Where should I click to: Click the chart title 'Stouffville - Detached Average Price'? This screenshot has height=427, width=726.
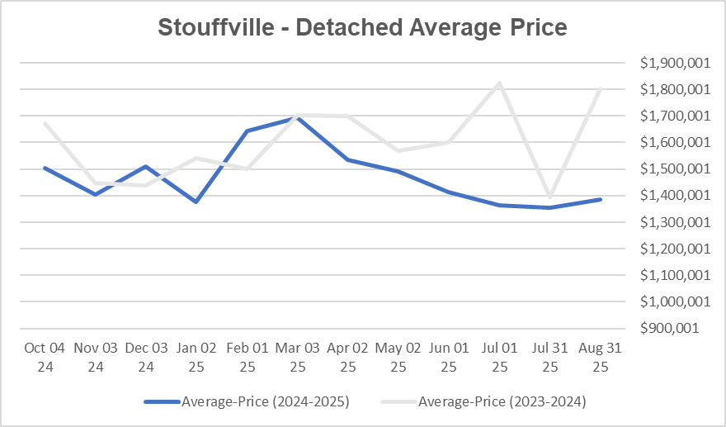coord(362,28)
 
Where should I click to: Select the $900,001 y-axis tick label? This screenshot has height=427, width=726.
coord(674,328)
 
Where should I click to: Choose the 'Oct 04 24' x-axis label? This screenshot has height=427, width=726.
coord(45,357)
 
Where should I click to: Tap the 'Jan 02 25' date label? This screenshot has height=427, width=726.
coord(196,357)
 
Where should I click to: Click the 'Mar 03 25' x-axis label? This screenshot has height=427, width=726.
coord(298,357)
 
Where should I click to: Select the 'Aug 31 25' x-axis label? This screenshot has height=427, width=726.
coord(600,357)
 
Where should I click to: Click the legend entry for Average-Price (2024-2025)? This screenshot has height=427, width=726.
coord(247,402)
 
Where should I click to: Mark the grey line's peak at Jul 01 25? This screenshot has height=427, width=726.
coord(499,83)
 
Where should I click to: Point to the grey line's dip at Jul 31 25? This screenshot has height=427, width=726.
coord(549,197)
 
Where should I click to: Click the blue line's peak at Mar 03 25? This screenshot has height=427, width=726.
coord(298,117)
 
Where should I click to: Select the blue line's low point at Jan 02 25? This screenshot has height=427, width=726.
coord(196,202)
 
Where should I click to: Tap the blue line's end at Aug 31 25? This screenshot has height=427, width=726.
coord(600,199)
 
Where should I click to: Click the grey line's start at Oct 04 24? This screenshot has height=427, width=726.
coord(45,124)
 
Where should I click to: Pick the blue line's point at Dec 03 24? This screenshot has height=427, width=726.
coord(146,166)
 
